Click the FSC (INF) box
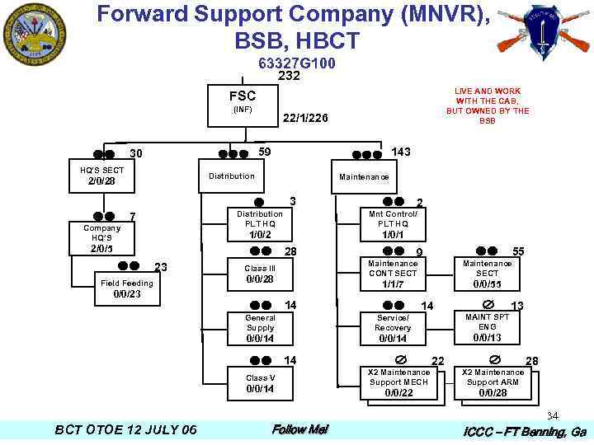pyautogui.click(x=243, y=104)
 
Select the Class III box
pyautogui.click(x=260, y=274)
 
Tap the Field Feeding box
pyautogui.click(x=126, y=288)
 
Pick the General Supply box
pyautogui.click(x=260, y=327)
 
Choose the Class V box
pyautogui.click(x=260, y=383)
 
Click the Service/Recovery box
pyautogui.click(x=393, y=327)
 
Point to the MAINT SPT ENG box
pyautogui.click(x=487, y=326)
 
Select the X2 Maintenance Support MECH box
pyautogui.click(x=398, y=382)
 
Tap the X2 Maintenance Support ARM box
pyautogui.click(x=493, y=382)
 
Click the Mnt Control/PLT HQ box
pyautogui.click(x=393, y=223)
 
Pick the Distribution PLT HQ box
pyautogui.click(x=260, y=223)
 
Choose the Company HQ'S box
pyautogui.click(x=102, y=237)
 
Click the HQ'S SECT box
pyautogui.click(x=101, y=175)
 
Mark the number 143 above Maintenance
pyautogui.click(x=401, y=152)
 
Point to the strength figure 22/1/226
pyautogui.click(x=305, y=119)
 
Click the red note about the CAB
pyautogui.click(x=488, y=105)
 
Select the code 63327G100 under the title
pyautogui.click(x=296, y=63)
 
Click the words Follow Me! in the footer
pyautogui.click(x=299, y=429)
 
